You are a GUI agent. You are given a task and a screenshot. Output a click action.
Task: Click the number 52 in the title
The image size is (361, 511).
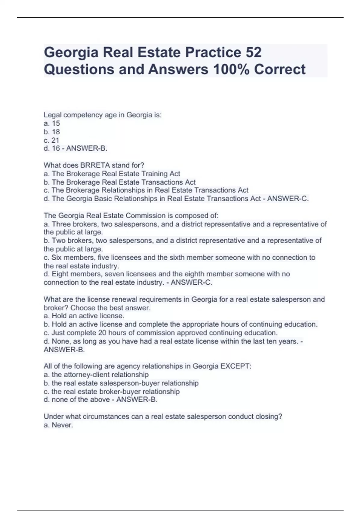[x=253, y=53]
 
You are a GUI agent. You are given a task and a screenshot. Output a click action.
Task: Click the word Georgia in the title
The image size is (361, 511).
[x=71, y=53]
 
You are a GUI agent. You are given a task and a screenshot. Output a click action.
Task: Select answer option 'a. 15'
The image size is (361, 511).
[x=52, y=123]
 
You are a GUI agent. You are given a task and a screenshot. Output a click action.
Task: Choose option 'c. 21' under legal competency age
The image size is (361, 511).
[x=51, y=140]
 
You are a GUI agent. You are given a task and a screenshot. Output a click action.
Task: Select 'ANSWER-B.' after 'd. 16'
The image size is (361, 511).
[x=87, y=148]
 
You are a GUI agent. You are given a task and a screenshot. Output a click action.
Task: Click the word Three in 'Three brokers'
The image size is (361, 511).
[x=61, y=224]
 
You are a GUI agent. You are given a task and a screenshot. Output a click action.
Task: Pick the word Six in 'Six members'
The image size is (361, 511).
[x=56, y=258]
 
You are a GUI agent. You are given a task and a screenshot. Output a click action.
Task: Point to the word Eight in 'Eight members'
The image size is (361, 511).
[x=61, y=274]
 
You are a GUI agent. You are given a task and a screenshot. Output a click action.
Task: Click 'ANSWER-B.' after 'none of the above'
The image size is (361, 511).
[x=137, y=399]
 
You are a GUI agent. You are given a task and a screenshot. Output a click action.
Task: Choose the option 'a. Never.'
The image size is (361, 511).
[x=58, y=425]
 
